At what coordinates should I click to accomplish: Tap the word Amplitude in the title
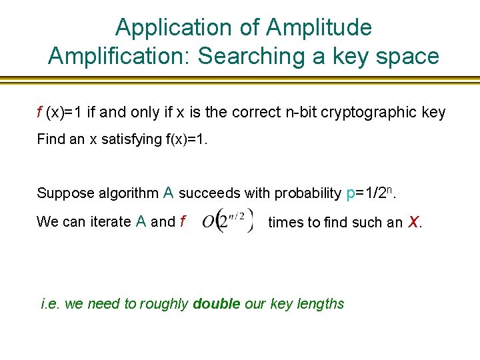(319, 27)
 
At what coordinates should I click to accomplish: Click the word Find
(51, 139)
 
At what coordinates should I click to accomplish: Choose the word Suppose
(65, 193)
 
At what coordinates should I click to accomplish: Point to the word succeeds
(210, 193)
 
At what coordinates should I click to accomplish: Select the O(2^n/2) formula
(228, 221)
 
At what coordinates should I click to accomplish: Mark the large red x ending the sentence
(413, 221)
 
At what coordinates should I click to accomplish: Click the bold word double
(216, 304)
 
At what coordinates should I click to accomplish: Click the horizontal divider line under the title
(240, 80)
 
